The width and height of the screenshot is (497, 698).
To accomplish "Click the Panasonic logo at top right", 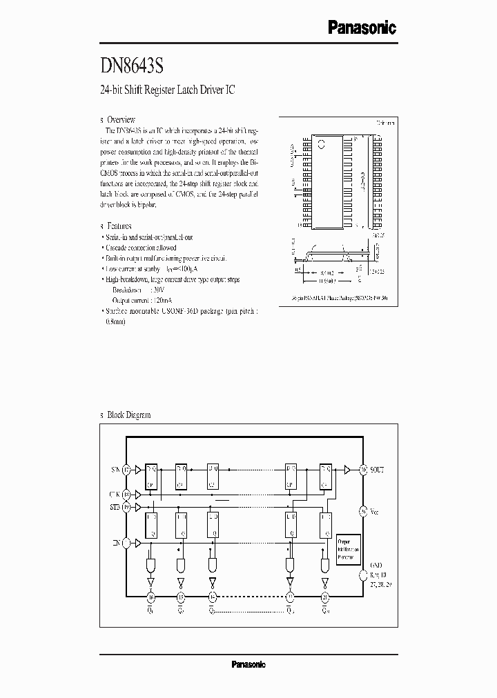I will click(361, 28).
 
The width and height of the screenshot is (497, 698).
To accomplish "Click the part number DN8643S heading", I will click(132, 66).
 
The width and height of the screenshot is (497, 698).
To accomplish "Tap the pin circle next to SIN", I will click(126, 470).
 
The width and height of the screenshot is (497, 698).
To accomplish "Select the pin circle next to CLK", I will click(126, 495).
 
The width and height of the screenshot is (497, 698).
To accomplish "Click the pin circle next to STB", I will click(126, 506).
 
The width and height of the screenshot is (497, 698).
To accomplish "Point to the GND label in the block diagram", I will click(377, 564).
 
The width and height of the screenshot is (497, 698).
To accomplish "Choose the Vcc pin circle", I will click(364, 511).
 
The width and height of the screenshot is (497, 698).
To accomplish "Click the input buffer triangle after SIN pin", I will click(139, 470).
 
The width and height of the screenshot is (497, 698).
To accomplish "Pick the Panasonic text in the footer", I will click(248, 665).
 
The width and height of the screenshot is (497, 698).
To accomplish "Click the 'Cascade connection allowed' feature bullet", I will click(141, 248).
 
